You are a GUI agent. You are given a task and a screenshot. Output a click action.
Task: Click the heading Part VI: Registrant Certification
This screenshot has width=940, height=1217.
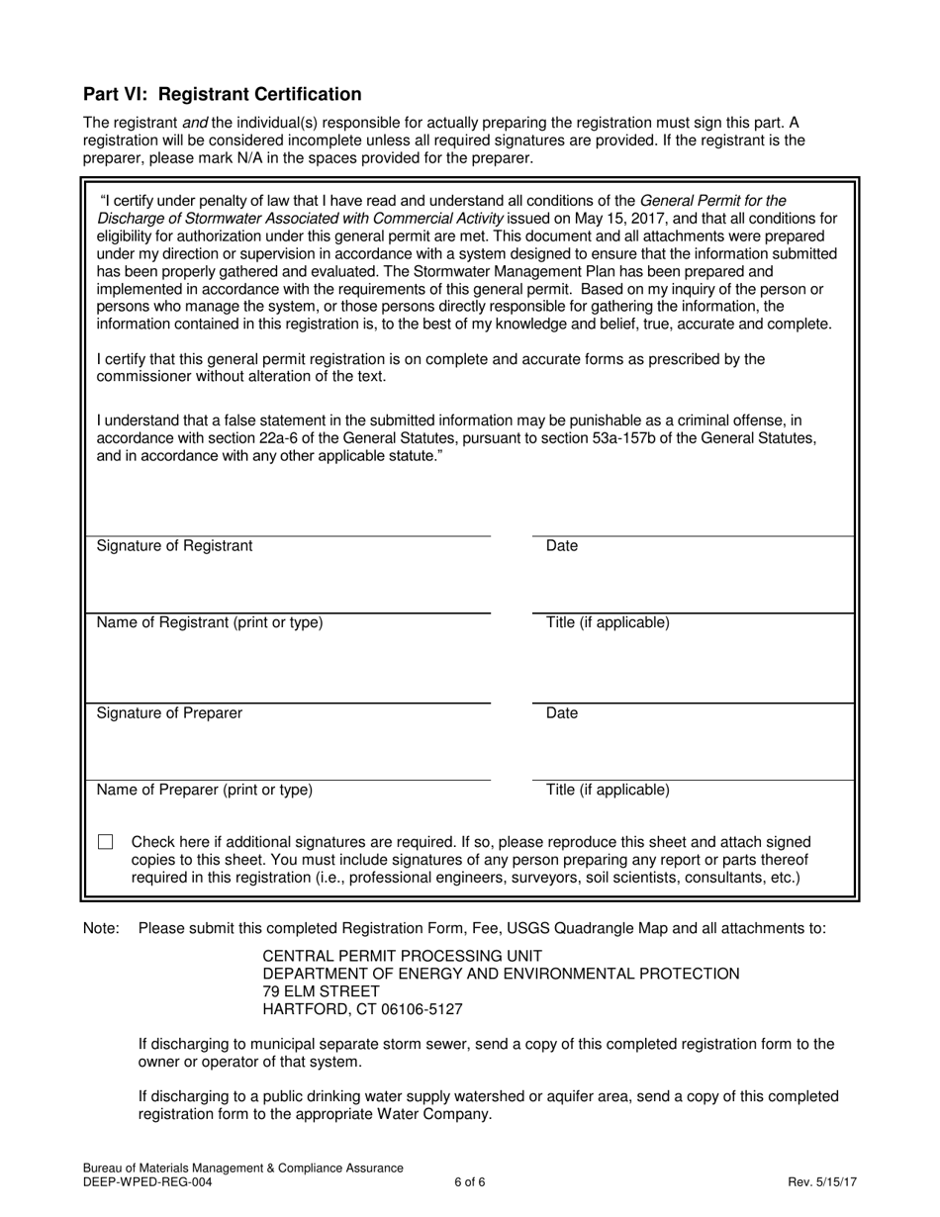click(x=223, y=95)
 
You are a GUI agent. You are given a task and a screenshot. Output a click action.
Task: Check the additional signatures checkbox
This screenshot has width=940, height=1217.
click(x=106, y=842)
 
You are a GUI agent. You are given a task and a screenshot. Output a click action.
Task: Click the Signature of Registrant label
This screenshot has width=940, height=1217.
click(x=174, y=546)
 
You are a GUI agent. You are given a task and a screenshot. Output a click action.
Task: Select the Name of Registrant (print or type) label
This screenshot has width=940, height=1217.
click(x=209, y=622)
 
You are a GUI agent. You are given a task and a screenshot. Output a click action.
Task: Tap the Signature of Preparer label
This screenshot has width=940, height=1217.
click(x=169, y=713)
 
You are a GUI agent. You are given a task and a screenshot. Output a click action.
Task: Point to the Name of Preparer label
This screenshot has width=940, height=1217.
click(x=204, y=790)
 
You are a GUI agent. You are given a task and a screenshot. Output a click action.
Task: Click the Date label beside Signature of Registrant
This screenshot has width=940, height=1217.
click(x=562, y=546)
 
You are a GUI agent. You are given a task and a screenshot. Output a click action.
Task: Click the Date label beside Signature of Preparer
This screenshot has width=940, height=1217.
click(x=562, y=713)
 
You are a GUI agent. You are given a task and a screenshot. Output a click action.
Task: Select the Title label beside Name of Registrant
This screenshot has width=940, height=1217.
click(x=608, y=622)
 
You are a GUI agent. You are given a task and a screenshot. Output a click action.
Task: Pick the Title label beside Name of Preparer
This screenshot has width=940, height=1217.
click(x=608, y=790)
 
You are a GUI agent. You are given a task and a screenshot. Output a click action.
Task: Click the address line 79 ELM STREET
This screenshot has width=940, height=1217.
click(x=321, y=991)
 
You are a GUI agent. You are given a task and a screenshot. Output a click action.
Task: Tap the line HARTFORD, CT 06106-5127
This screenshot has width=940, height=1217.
click(x=362, y=1010)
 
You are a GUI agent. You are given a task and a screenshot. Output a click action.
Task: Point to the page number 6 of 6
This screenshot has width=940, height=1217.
click(x=470, y=1181)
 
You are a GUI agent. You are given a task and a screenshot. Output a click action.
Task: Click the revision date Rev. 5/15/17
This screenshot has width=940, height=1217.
click(x=821, y=1181)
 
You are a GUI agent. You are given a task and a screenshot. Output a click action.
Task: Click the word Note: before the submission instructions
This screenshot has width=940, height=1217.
click(x=102, y=928)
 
